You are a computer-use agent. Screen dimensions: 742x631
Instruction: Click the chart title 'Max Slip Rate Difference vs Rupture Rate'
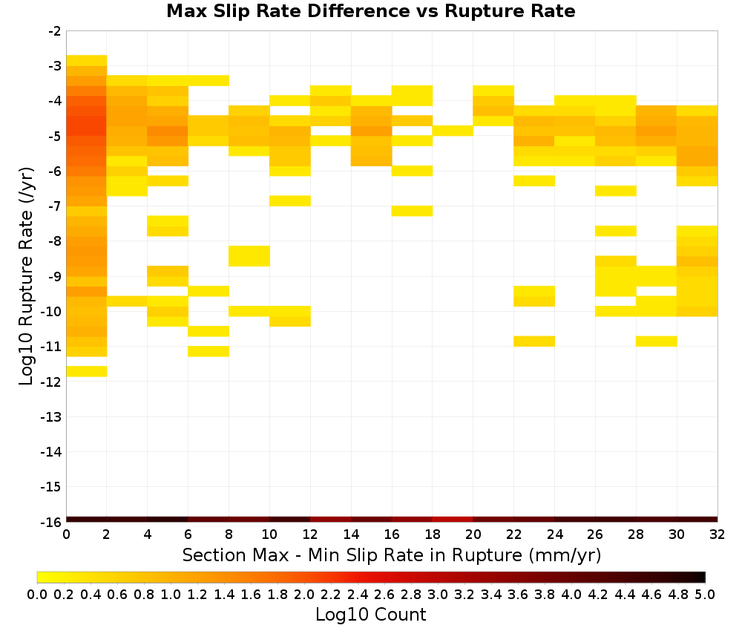tap(370, 10)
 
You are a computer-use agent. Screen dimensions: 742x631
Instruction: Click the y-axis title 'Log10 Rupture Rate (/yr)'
tap(26, 276)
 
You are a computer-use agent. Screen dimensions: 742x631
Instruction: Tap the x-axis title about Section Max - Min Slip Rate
tap(391, 555)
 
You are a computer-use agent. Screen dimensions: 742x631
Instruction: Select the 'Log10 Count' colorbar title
tap(370, 615)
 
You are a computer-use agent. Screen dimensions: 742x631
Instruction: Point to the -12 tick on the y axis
tap(51, 382)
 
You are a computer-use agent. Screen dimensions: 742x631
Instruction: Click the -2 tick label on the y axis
tap(55, 31)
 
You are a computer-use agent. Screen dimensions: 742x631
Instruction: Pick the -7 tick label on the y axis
tap(55, 206)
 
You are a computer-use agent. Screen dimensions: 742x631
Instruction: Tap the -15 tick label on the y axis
tap(51, 487)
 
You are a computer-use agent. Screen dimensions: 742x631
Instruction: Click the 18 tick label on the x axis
tap(433, 534)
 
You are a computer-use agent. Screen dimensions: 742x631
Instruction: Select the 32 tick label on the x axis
tap(717, 534)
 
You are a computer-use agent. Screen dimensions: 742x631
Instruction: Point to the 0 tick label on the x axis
tap(66, 534)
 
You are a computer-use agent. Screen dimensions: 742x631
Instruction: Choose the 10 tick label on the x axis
tap(269, 534)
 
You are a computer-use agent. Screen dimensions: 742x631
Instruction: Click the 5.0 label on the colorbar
tap(705, 594)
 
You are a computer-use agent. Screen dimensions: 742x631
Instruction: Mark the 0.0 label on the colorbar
tap(37, 594)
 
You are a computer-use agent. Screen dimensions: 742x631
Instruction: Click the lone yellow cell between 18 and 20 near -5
tap(453, 131)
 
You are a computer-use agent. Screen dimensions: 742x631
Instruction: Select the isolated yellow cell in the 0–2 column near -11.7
tap(87, 371)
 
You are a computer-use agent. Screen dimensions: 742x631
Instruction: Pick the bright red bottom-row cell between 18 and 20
tap(453, 520)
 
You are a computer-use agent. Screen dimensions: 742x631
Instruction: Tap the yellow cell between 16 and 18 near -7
tap(412, 211)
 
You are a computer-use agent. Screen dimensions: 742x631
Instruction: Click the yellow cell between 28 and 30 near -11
tap(657, 341)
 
